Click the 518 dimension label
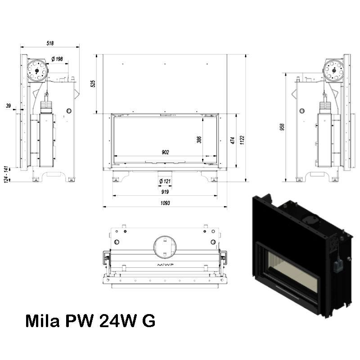(x=50, y=43)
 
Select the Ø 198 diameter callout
(x=57, y=59)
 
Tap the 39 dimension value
(x=8, y=106)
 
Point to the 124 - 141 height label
(x=6, y=175)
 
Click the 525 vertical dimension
(x=93, y=84)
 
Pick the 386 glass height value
(x=199, y=139)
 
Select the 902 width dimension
(x=165, y=152)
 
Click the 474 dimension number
(x=233, y=140)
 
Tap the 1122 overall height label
(x=242, y=140)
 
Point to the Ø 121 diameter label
(x=165, y=181)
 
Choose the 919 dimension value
(x=165, y=192)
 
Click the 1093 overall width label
(x=165, y=203)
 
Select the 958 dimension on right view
(x=282, y=127)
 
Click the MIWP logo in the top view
(x=165, y=265)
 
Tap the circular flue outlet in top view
(x=165, y=247)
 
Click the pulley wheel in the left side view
(x=37, y=70)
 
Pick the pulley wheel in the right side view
(x=333, y=70)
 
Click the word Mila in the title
(x=43, y=321)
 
